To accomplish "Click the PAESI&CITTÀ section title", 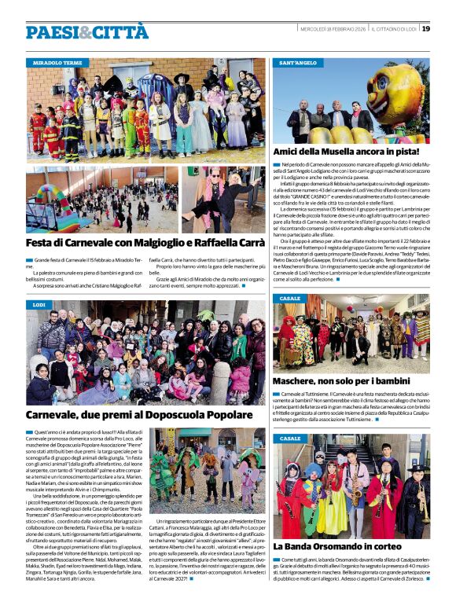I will point(86,32).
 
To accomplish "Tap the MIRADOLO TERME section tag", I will point(57,62).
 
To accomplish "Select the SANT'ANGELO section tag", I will point(298,62).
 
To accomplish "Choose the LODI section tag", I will point(39,304).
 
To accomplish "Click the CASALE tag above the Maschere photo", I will point(290,299).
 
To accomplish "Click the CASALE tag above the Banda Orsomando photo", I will point(290,439).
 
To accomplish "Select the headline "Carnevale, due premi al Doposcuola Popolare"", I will point(138,414).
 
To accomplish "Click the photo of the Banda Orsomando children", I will point(351,486).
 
